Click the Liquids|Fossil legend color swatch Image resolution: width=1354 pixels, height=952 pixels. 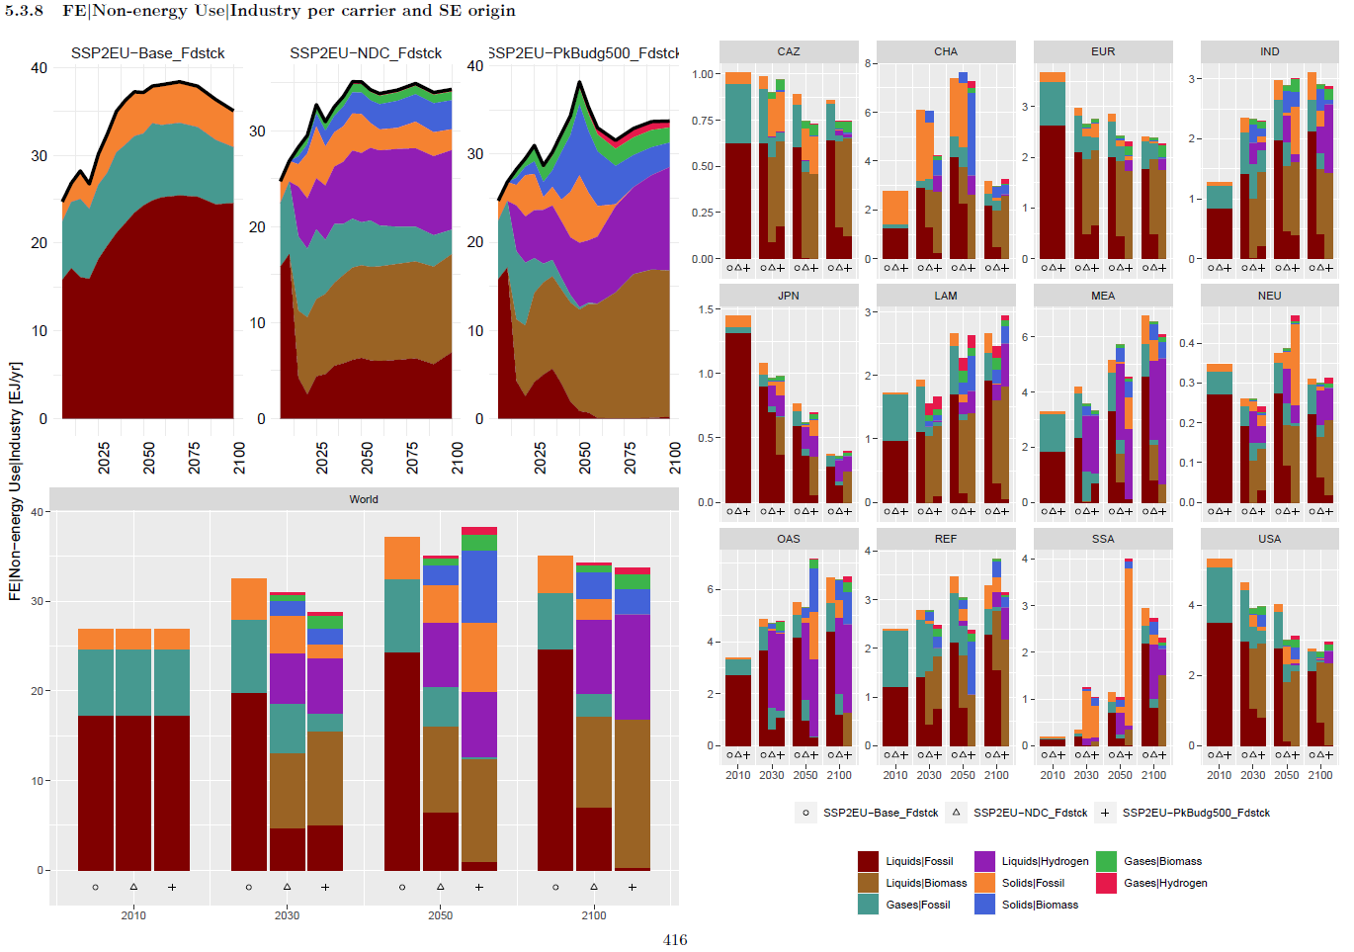click(868, 861)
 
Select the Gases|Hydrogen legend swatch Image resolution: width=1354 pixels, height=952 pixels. click(1106, 883)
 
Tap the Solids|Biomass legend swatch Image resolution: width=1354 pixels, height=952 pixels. click(984, 905)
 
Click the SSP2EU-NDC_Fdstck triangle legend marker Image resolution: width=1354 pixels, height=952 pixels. click(956, 813)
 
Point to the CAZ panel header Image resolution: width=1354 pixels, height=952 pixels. click(788, 51)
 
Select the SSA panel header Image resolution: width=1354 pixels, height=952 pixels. click(1103, 539)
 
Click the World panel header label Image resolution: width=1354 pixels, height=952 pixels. click(364, 499)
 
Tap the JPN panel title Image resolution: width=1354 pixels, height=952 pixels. click(788, 296)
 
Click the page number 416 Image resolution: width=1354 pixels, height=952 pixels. click(675, 940)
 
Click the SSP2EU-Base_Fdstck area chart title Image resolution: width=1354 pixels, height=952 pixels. click(148, 53)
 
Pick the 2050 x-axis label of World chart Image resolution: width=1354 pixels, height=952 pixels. click(440, 915)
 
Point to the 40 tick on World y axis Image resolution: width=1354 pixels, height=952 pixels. click(38, 512)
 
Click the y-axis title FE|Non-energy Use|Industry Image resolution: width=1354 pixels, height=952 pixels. click(15, 479)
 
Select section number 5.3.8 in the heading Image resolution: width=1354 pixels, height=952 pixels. click(24, 11)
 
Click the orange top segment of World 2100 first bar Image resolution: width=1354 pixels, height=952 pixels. click(555, 574)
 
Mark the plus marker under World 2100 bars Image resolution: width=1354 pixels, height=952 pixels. click(633, 887)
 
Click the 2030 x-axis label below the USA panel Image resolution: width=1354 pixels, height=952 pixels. click(1252, 775)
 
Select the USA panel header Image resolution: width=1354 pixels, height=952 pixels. click(1269, 539)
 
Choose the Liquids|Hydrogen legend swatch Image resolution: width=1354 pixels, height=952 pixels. click(984, 861)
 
